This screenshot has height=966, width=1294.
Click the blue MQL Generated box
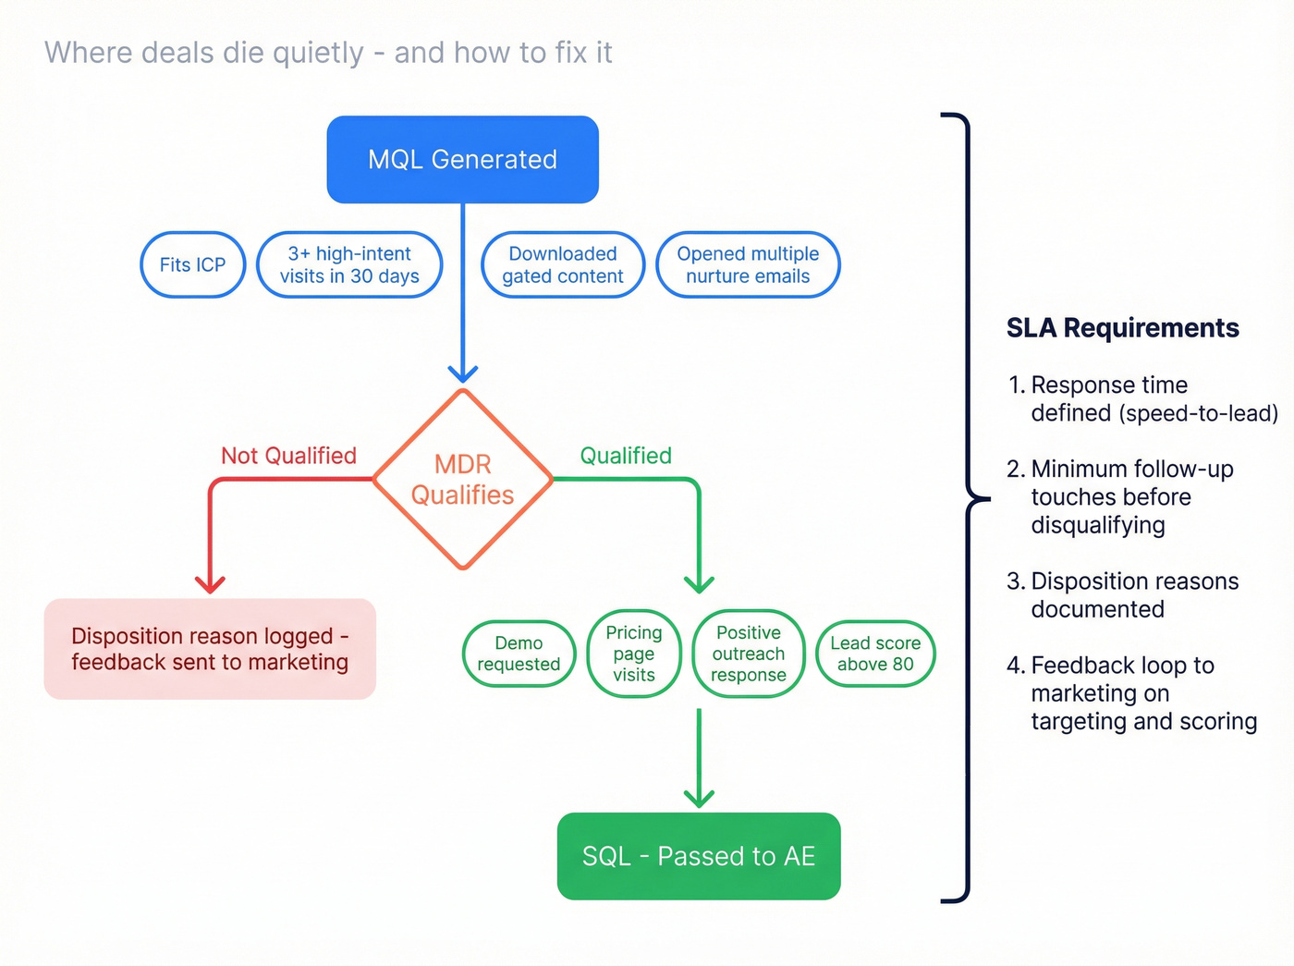click(x=462, y=159)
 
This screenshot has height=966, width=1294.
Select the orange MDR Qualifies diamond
click(x=462, y=479)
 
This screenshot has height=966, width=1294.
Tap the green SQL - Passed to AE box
click(x=699, y=856)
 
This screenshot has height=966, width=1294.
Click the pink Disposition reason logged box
click(x=210, y=649)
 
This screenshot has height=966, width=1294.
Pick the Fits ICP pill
click(x=192, y=264)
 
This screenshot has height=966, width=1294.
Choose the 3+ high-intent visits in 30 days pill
click(x=349, y=264)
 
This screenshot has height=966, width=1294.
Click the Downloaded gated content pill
click(x=562, y=264)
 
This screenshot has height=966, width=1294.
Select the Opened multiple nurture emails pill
click(x=748, y=264)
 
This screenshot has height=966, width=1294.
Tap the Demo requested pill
click(x=519, y=654)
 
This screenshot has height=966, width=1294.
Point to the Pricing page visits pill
click(x=634, y=654)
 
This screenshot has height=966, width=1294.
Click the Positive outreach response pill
click(x=749, y=654)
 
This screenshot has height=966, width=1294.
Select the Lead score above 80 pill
click(x=875, y=654)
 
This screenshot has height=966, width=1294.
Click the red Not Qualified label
click(x=288, y=456)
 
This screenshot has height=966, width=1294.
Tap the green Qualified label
click(x=626, y=456)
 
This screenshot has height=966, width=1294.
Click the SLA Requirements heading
click(x=1122, y=328)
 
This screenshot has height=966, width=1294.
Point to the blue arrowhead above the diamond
click(x=462, y=373)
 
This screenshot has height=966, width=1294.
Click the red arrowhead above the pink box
click(x=211, y=584)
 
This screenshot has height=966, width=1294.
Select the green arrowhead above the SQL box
click(x=699, y=798)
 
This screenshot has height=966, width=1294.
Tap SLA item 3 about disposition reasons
click(x=1134, y=594)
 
